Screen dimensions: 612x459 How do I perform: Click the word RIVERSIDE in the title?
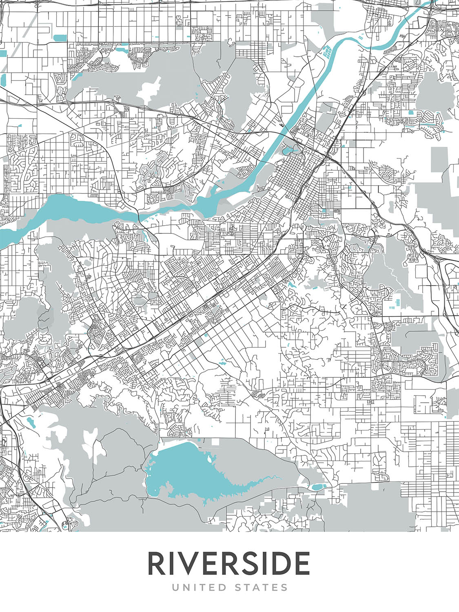[x=228, y=564]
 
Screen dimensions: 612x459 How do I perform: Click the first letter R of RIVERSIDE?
[x=156, y=564]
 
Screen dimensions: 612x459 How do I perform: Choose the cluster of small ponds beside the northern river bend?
[x=326, y=52]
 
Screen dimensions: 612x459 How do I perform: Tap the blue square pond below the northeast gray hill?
[x=411, y=112]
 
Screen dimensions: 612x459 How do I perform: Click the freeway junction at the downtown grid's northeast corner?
[x=328, y=156]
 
